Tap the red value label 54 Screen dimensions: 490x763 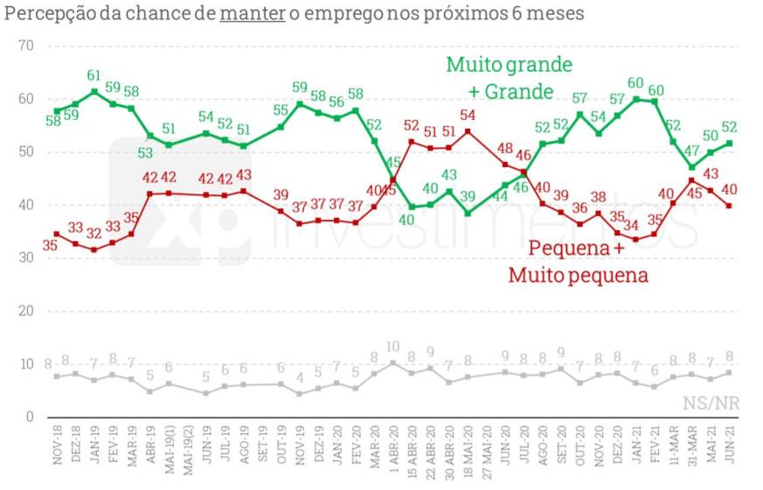[x=468, y=115]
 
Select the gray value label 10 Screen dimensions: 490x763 [x=392, y=347]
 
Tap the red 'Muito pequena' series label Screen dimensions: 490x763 [x=578, y=276]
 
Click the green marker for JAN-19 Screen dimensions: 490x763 [x=94, y=92]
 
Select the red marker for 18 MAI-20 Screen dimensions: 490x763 [x=468, y=131]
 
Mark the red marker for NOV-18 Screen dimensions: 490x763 [x=57, y=234]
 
